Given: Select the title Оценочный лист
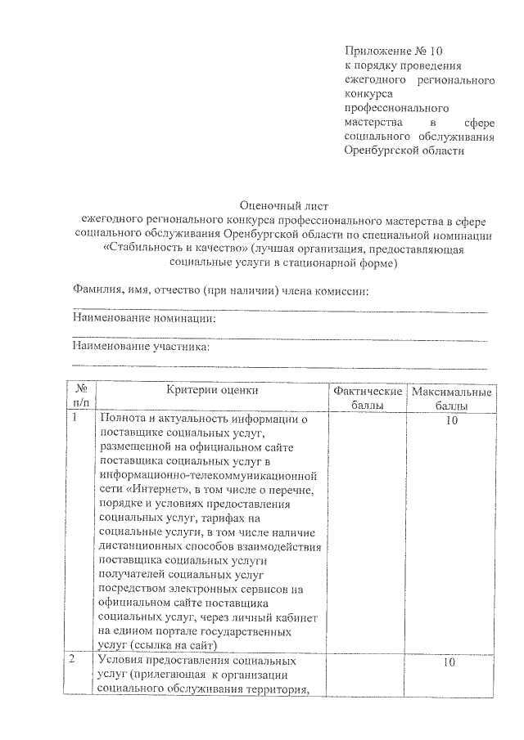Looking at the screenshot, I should (282, 204).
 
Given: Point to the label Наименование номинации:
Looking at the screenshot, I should (143, 318).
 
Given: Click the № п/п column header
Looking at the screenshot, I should (80, 397).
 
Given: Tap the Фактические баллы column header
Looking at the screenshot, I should (368, 397).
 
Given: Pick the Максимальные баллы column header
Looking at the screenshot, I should (451, 397).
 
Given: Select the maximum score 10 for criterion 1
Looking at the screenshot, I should (451, 419).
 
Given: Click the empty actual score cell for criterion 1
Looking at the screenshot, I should (368, 531).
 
